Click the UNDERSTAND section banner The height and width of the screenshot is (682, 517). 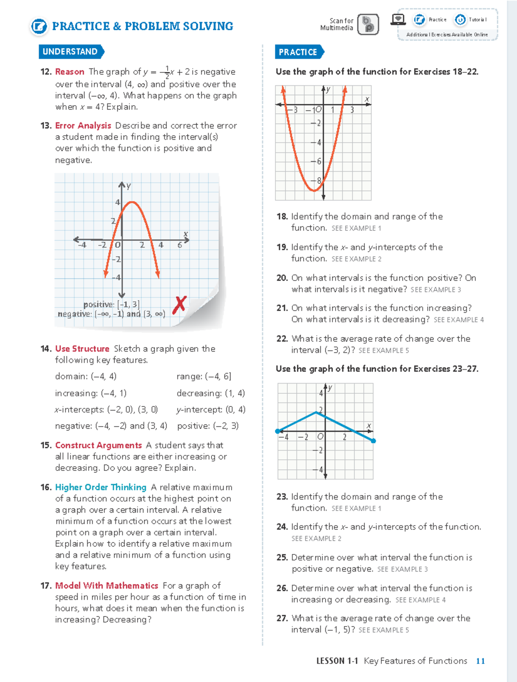click(x=70, y=52)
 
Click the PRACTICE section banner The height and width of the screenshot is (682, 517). click(x=298, y=52)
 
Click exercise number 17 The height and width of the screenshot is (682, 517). click(x=46, y=585)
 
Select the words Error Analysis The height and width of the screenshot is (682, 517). click(x=83, y=125)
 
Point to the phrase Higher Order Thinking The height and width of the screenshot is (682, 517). click(x=101, y=487)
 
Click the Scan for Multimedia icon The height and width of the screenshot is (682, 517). click(x=368, y=24)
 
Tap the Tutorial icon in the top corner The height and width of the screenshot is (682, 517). click(x=461, y=19)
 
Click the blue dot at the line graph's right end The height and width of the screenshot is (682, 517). click(x=373, y=441)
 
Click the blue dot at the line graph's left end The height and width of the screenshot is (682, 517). click(x=277, y=431)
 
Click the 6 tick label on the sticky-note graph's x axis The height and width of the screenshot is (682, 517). click(x=180, y=245)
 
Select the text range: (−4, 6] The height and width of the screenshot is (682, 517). click(x=204, y=376)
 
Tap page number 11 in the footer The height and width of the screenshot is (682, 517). click(x=480, y=661)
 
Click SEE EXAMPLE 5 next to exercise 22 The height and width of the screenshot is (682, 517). click(x=383, y=351)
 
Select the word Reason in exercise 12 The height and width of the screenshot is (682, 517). click(x=69, y=72)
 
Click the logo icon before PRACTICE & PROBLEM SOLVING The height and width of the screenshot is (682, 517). click(x=39, y=26)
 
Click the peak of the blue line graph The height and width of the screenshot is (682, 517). click(x=316, y=412)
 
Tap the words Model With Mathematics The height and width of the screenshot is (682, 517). click(x=106, y=585)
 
